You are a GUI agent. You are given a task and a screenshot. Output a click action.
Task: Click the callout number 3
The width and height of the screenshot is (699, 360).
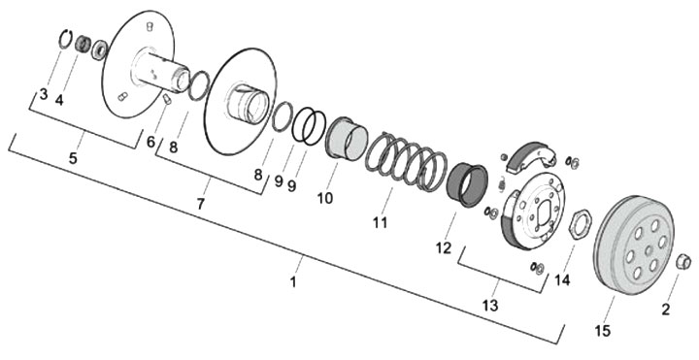tap(44, 94)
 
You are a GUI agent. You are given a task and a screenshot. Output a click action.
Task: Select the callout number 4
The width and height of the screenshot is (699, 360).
tap(59, 100)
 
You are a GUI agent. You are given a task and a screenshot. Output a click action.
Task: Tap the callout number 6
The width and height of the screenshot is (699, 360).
tap(150, 142)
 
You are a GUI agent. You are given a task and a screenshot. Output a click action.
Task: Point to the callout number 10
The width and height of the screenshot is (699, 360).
tap(325, 197)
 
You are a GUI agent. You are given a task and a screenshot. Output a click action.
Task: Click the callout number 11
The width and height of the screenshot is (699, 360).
tap(381, 221)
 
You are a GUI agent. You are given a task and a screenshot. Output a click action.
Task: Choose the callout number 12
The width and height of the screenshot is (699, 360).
tap(444, 247)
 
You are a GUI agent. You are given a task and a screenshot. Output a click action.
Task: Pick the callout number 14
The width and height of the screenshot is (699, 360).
tap(562, 280)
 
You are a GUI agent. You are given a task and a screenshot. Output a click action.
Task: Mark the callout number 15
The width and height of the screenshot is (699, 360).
tap(602, 331)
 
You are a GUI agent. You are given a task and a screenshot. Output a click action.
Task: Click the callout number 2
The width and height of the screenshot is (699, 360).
tap(666, 310)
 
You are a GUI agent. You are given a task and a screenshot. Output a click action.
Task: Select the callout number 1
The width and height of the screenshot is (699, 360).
tap(293, 282)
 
